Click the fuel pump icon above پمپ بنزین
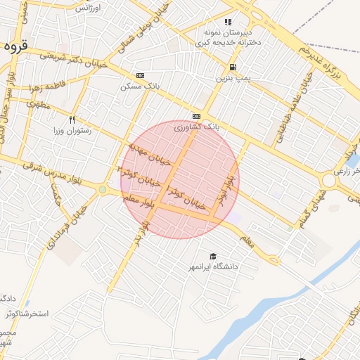click(231, 67)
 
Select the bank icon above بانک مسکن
click(140, 75)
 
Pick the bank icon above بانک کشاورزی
click(195, 116)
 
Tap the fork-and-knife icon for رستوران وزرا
click(71, 120)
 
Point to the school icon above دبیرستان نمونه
click(228, 22)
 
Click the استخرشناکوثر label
click(28, 313)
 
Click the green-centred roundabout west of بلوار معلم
click(103, 189)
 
